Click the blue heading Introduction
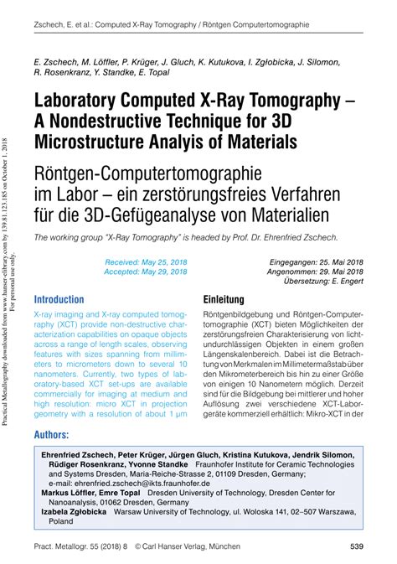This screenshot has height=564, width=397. (x=59, y=299)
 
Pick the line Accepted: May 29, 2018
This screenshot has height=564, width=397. (x=146, y=272)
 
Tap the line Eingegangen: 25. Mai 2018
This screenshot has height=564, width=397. (x=317, y=261)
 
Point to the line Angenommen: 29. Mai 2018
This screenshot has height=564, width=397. (x=317, y=272)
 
